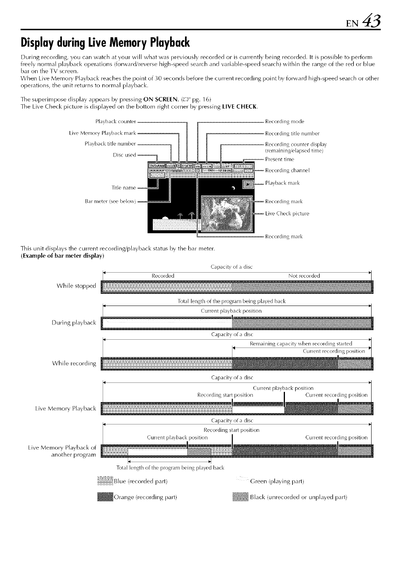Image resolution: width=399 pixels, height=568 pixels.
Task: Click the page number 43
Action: (x=372, y=18)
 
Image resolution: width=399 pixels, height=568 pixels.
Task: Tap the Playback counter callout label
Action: (x=116, y=121)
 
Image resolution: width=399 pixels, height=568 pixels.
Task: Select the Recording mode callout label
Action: (x=285, y=121)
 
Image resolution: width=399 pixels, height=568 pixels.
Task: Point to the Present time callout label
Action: (x=279, y=159)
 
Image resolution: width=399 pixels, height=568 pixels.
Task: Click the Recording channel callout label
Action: (x=287, y=170)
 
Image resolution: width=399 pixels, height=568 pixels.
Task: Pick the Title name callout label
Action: (x=124, y=188)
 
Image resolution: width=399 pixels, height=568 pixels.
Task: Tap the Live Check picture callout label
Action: (x=287, y=214)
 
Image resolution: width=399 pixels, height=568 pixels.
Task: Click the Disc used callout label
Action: (x=124, y=155)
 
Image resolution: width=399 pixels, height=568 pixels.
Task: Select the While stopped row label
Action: (x=76, y=286)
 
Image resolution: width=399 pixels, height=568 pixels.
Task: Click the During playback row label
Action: (x=74, y=323)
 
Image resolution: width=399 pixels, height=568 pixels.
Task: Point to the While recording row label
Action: (x=74, y=363)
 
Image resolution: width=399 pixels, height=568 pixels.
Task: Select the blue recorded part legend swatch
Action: (x=105, y=481)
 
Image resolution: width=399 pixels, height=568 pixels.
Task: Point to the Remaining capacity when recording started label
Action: (x=301, y=344)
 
